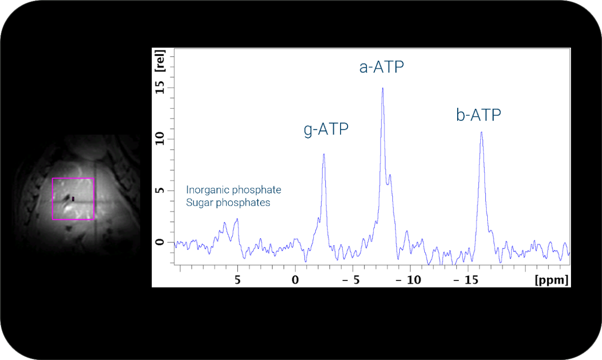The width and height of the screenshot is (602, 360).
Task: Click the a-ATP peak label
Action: pyautogui.click(x=381, y=67)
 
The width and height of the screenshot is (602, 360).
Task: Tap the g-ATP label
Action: pyautogui.click(x=326, y=129)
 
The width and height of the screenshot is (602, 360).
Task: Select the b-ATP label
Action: pyautogui.click(x=479, y=115)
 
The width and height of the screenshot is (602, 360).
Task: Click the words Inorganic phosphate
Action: pyautogui.click(x=234, y=190)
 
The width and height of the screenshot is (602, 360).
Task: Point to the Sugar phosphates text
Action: pyautogui.click(x=228, y=203)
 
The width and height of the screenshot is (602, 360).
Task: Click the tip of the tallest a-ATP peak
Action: pyautogui.click(x=383, y=88)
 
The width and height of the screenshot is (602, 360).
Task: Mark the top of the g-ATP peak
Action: pyautogui.click(x=324, y=154)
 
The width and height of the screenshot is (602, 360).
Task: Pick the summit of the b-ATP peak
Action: pyautogui.click(x=481, y=132)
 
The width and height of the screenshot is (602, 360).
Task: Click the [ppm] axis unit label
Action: pyautogui.click(x=552, y=280)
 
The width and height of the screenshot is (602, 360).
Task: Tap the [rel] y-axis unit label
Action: pyautogui.click(x=160, y=61)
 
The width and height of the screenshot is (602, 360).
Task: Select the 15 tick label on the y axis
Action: pyautogui.click(x=159, y=88)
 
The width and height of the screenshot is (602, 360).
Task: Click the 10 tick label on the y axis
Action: pyautogui.click(x=159, y=139)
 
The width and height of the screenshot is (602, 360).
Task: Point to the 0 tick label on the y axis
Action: pyautogui.click(x=159, y=242)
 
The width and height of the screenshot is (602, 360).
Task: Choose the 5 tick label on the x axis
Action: pyautogui.click(x=238, y=280)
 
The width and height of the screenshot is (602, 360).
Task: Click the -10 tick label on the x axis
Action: pyautogui.click(x=408, y=280)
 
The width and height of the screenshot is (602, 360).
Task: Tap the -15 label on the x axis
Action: pyautogui.click(x=466, y=280)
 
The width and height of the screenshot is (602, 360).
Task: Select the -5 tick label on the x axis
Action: pyautogui.click(x=351, y=280)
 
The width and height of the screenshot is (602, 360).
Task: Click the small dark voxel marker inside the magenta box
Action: pyautogui.click(x=73, y=199)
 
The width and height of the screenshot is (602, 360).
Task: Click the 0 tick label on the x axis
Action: pyautogui.click(x=295, y=280)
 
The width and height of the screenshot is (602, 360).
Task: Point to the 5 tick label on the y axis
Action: pyautogui.click(x=159, y=190)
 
